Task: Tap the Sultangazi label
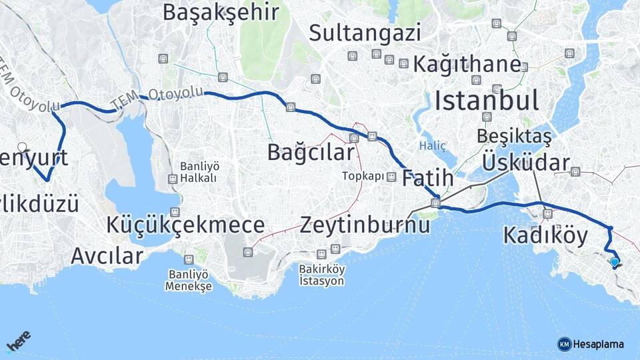pos(365,32)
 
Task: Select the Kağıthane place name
pos(467,64)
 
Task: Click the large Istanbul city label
pos(486,101)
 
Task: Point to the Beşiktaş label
pos(514,136)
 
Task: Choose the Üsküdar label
pos(525,162)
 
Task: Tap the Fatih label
pos(427,178)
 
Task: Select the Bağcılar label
pos(310,151)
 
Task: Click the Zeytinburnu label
pos(365,225)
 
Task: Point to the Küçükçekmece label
pos(185,225)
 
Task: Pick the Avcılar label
pos(107,255)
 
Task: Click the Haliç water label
pos(429,145)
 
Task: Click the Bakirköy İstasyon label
pos(321,275)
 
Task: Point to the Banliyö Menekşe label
pos(189,280)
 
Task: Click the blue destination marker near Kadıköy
pos(614,263)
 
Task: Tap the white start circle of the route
pos(22,147)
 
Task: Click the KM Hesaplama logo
pos(591,344)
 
